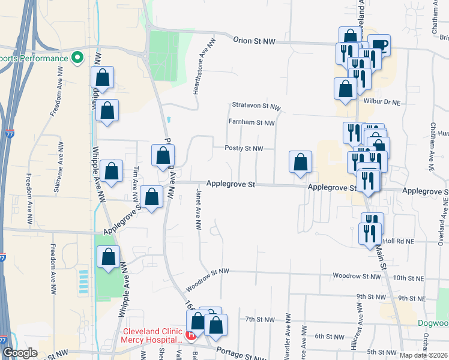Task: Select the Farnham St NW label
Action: [251, 122]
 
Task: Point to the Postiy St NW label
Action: [244, 148]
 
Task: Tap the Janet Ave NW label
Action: [197, 208]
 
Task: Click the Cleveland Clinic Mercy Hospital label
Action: [152, 335]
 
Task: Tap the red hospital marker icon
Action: [191, 335]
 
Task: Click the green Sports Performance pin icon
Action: [77, 58]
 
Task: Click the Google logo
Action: [20, 353]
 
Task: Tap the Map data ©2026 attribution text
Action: [424, 355]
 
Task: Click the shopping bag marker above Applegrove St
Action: [300, 161]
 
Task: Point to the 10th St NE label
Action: [402, 277]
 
